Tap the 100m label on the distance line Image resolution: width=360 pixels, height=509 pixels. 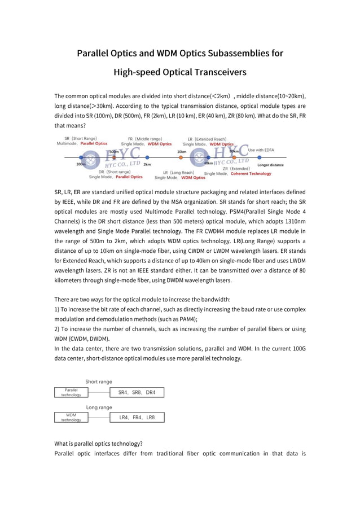coord(81,164)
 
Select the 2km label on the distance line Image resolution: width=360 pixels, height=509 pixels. coord(147,164)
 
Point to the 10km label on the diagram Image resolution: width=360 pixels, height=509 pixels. coord(181,151)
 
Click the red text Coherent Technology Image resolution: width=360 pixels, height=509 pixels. coord(251,174)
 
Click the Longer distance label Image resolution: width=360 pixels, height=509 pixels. coord(270,165)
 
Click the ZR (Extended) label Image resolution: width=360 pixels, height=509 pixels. coord(236,168)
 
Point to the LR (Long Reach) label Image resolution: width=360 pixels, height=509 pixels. coord(178,172)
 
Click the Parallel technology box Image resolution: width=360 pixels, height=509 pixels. coord(71,392)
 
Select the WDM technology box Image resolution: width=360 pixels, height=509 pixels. coord(71,417)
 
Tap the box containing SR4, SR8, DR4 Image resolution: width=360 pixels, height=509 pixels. coord(137,392)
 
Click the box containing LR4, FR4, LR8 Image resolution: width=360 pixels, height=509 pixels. coord(137,418)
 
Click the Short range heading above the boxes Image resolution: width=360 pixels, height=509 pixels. coord(98,381)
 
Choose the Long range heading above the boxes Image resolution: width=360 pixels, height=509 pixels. coord(99,407)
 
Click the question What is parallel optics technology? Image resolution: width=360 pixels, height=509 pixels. coord(98,443)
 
